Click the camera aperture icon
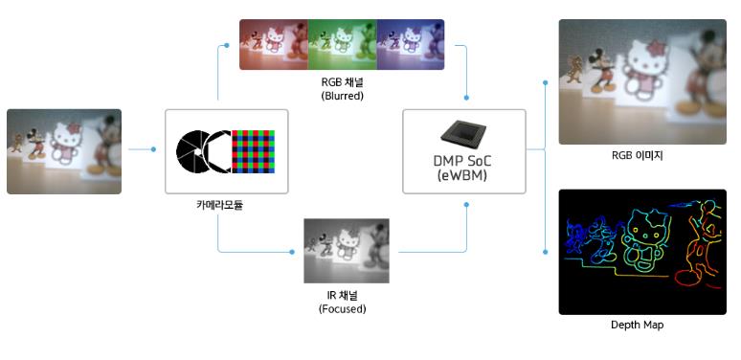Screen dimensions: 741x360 pos(203,151)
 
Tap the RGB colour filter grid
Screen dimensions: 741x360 pos(253,151)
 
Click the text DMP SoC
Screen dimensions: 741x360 pos(462,161)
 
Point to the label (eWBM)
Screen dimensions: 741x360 pos(462,176)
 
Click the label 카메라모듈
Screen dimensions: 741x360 pos(219,206)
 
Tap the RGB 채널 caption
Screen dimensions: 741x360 pos(342,81)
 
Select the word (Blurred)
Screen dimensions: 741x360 pos(342,96)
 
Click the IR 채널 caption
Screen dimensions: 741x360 pos(342,296)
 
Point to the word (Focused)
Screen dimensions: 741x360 pos(342,310)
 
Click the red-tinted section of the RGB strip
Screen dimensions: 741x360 pos(274,44)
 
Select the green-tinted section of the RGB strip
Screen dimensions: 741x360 pos(343,44)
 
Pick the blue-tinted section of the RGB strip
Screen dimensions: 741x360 pos(411,44)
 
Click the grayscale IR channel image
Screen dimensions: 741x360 pos(347,251)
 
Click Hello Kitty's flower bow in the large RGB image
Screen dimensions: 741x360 pos(656,49)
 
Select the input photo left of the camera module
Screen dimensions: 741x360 pos(64,151)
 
